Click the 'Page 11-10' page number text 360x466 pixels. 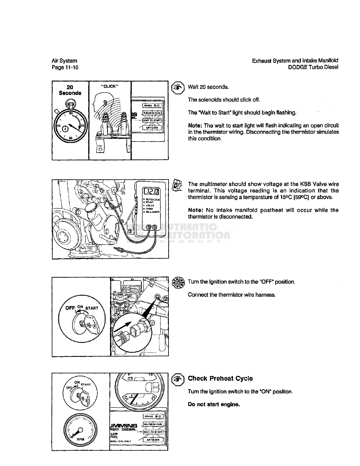pos(65,67)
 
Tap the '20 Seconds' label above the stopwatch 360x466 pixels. pos(70,90)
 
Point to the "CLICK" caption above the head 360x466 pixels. pos(110,86)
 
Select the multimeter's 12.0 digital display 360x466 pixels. pos(151,192)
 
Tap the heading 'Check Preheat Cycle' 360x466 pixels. pos(220,379)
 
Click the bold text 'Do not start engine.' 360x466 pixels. pos(214,405)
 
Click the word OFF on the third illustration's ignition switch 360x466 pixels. pos(70,308)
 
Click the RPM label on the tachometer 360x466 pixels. pos(81,439)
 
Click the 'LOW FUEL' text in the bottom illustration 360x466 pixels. pos(114,435)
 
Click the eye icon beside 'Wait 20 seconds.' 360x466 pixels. pos(177,87)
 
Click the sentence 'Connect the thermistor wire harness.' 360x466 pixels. pos(232,295)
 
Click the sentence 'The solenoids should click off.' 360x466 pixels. pos(224,100)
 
